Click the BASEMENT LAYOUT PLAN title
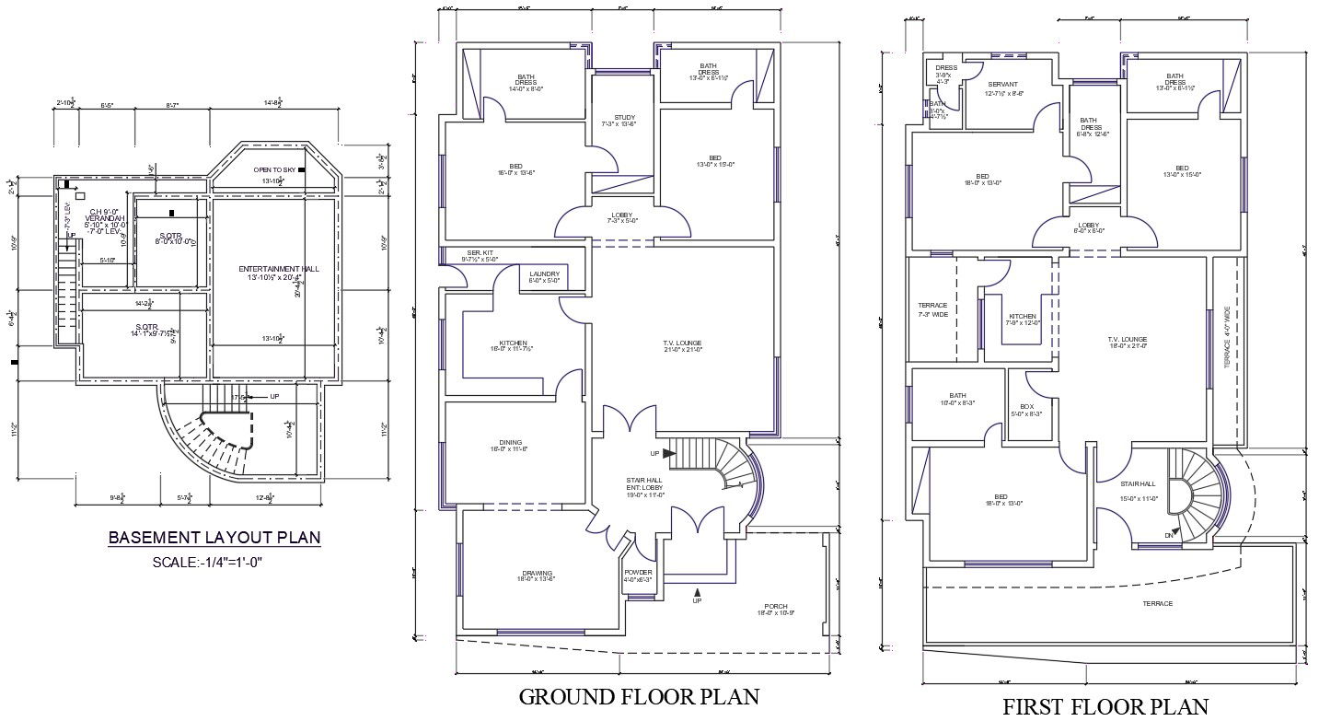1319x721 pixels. (214, 537)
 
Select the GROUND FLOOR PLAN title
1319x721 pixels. (640, 696)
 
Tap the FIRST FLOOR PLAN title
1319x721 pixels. (1105, 706)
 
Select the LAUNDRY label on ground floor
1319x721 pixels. (545, 273)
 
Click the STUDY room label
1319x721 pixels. (625, 118)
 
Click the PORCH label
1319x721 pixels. (775, 607)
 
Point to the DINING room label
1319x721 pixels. (512, 443)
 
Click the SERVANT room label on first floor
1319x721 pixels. (1004, 85)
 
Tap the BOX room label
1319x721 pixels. (1026, 407)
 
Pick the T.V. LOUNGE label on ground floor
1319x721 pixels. (682, 343)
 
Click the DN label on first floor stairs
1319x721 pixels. (1169, 535)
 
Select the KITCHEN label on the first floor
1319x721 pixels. (1022, 316)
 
